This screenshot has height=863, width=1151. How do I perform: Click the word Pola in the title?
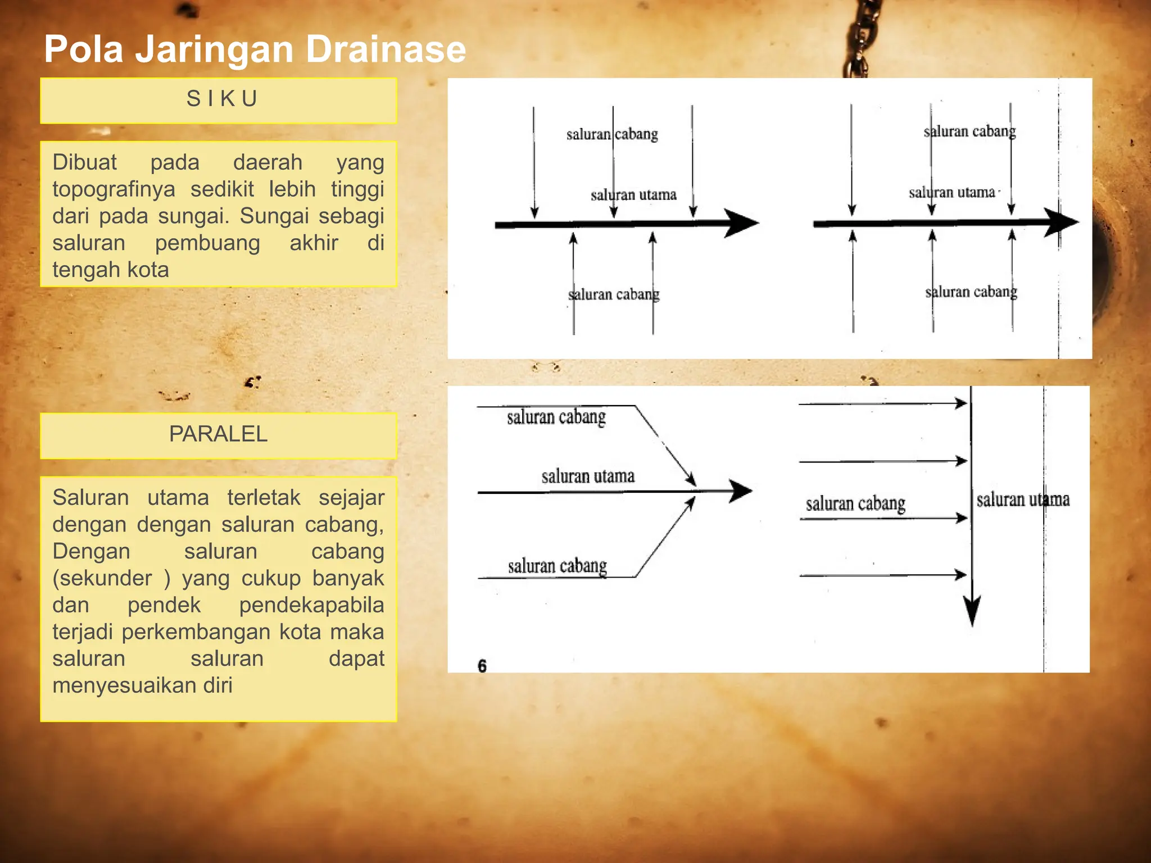[83, 49]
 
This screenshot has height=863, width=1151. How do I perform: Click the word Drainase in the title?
[386, 49]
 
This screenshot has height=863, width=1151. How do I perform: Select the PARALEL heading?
[219, 434]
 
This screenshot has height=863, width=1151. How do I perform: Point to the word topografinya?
[114, 190]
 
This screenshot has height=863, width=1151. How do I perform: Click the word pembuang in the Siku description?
[207, 243]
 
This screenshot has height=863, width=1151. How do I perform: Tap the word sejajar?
[351, 498]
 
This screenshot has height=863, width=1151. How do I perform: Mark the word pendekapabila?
[311, 605]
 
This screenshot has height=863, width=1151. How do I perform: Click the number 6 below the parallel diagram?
[482, 666]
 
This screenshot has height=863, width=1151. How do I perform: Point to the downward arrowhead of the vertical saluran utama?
[972, 610]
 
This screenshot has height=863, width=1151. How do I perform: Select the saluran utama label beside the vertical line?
[1023, 499]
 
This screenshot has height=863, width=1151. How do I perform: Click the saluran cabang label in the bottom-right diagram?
[855, 503]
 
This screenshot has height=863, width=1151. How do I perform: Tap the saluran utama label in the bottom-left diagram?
[588, 476]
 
